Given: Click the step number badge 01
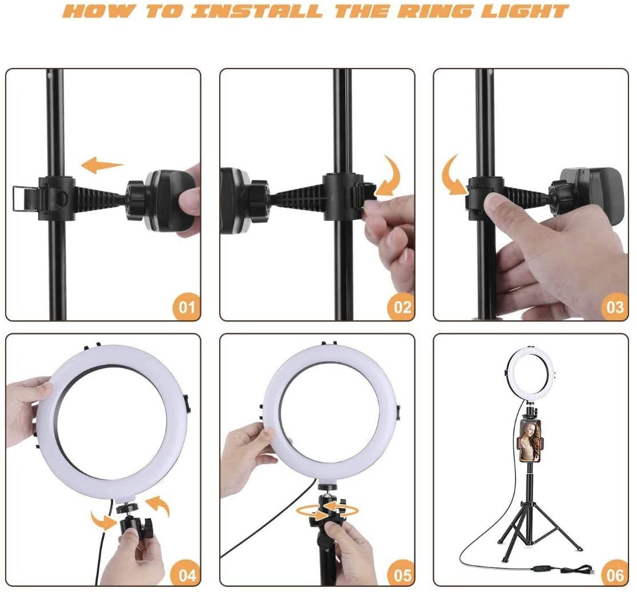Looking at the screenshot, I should tap(186, 307).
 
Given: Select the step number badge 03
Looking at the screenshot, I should tap(614, 307).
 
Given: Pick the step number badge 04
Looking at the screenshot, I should tap(186, 574).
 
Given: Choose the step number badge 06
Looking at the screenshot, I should tap(614, 574).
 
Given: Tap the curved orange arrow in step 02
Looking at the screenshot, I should tap(390, 178).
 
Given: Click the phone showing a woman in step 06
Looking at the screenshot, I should tap(529, 440).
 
